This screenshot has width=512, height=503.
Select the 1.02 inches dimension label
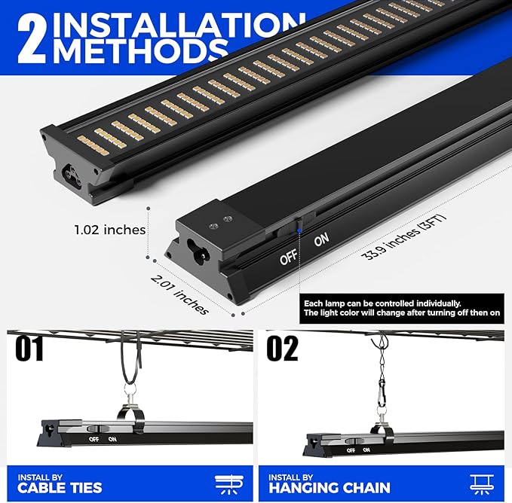pyautogui.click(x=110, y=230)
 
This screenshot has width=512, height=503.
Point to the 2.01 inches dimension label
pyautogui.click(x=179, y=294)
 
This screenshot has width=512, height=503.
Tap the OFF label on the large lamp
pyautogui.click(x=288, y=258)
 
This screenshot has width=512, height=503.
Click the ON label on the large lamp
pyautogui.click(x=322, y=240)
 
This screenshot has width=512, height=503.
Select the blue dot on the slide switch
pyautogui.click(x=299, y=230)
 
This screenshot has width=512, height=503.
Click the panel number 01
pyautogui.click(x=29, y=349)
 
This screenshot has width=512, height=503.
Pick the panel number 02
pyautogui.click(x=283, y=349)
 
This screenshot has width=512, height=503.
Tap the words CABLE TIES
pyautogui.click(x=60, y=488)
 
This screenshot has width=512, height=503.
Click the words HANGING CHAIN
pyautogui.click(x=330, y=488)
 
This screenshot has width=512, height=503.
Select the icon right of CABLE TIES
pyautogui.click(x=229, y=485)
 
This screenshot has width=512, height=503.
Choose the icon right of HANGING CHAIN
pyautogui.click(x=482, y=485)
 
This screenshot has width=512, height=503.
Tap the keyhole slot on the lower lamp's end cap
pyautogui.click(x=198, y=251)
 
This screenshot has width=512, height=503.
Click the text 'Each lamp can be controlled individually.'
pyautogui.click(x=382, y=303)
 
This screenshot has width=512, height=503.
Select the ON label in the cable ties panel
pyautogui.click(x=112, y=439)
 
